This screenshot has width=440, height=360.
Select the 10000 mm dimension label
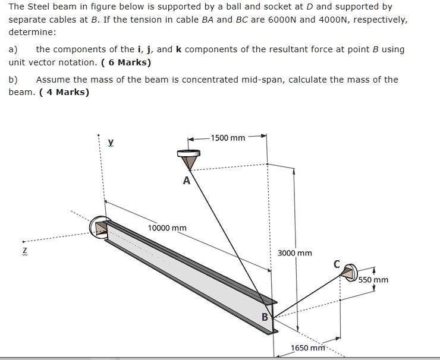(167, 228)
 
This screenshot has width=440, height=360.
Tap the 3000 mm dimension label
(295, 253)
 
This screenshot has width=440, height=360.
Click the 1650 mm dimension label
(307, 348)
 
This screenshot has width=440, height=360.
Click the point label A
(186, 181)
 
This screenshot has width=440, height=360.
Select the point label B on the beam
(265, 317)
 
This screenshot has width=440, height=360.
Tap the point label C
(337, 263)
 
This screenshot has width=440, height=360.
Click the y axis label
(111, 142)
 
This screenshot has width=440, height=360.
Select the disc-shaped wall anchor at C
(350, 271)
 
